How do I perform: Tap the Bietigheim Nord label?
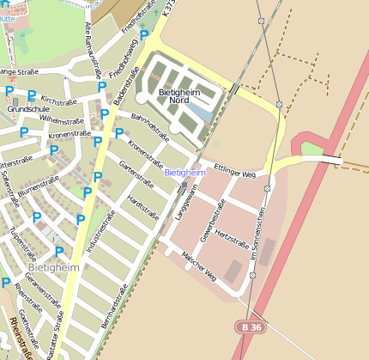(179, 95)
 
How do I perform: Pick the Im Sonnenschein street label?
(255, 238)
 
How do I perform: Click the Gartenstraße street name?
(136, 176)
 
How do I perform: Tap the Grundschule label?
(23, 110)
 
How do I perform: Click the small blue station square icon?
(184, 184)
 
